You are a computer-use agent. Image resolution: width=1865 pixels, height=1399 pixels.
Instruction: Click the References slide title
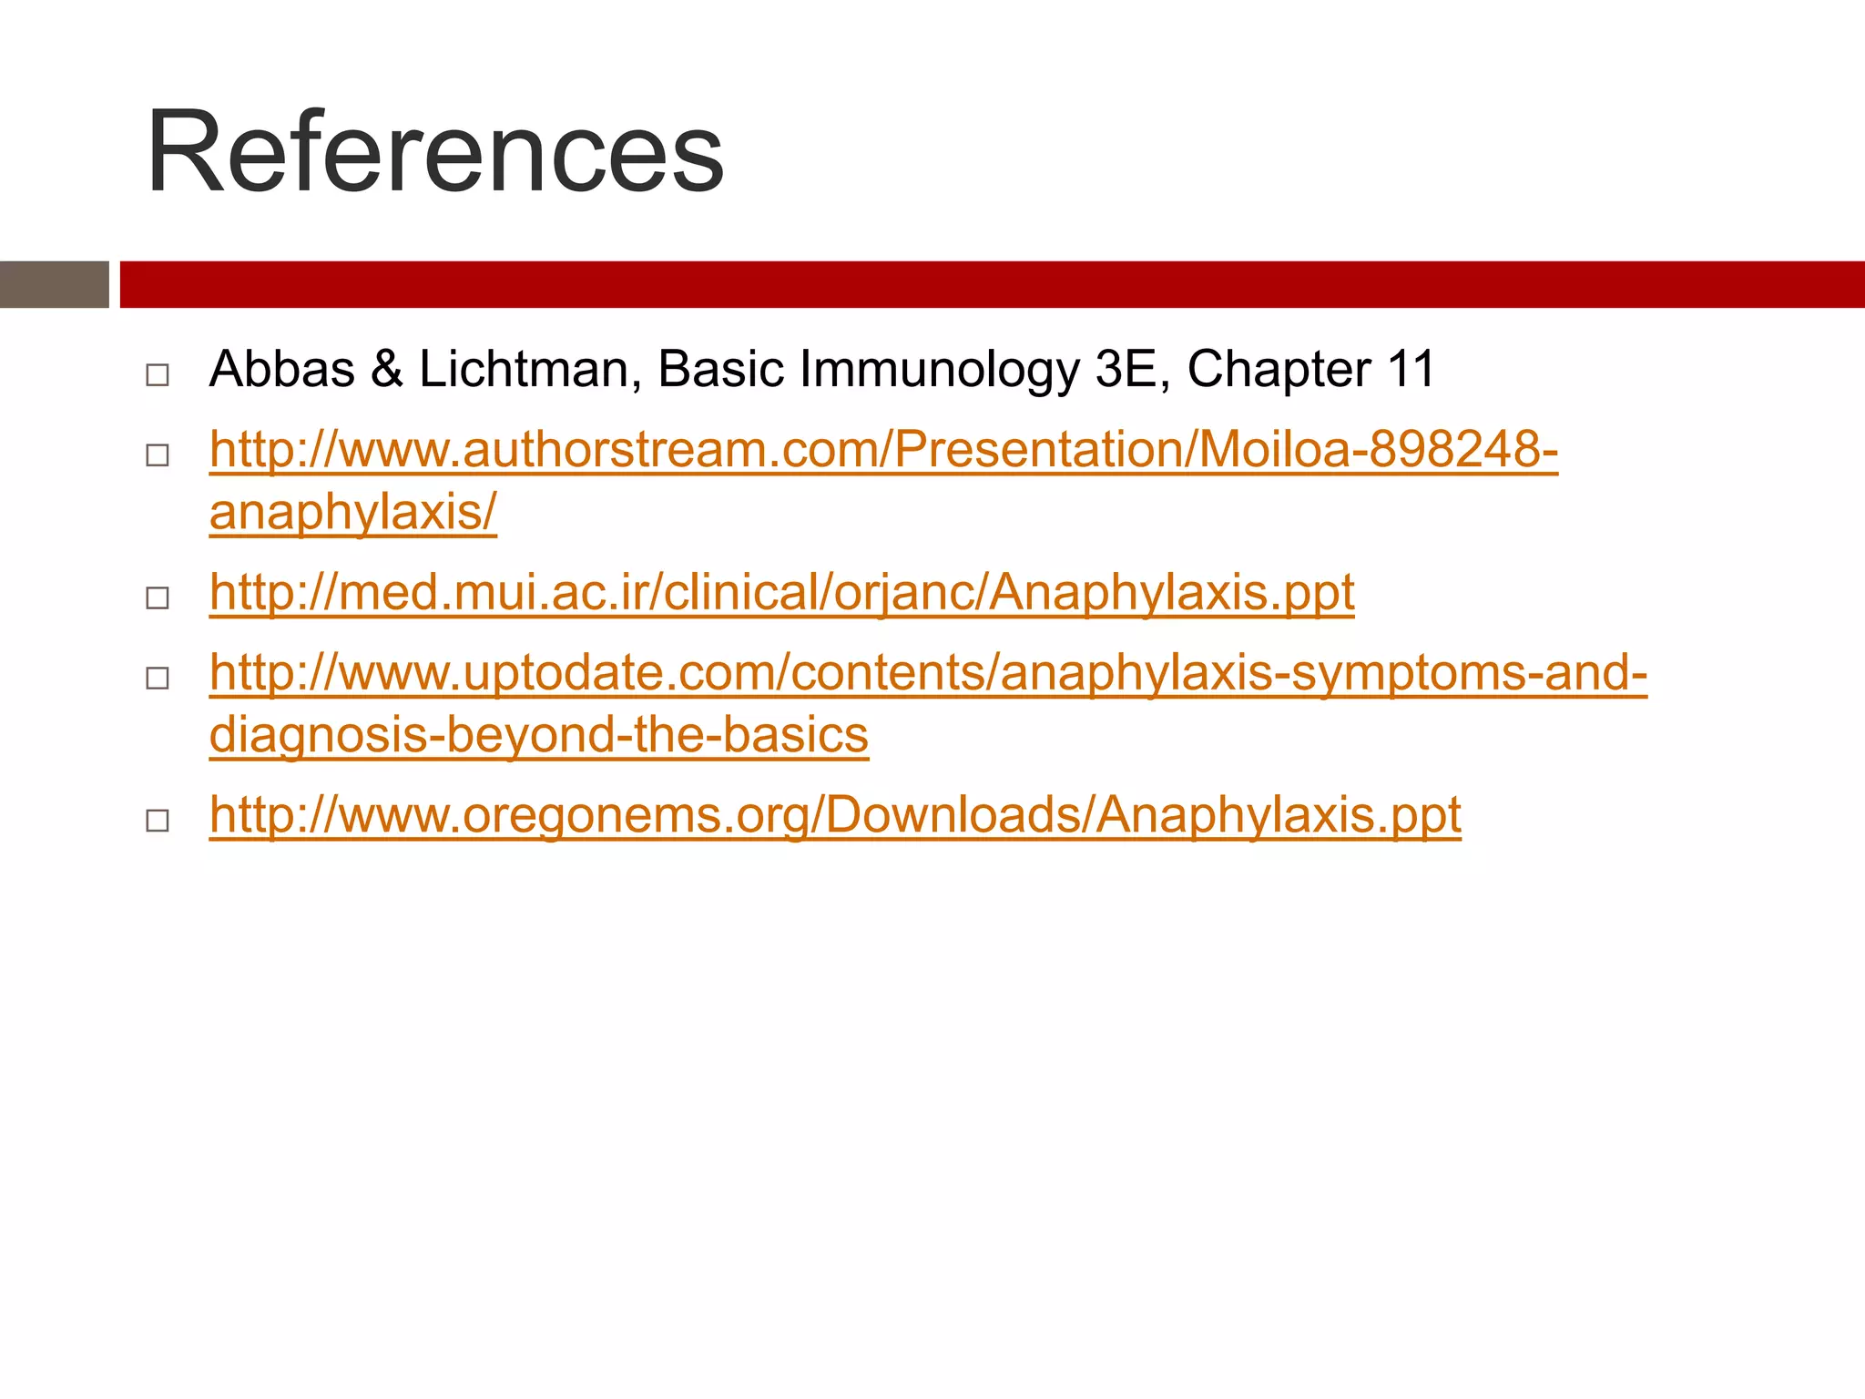coord(435,152)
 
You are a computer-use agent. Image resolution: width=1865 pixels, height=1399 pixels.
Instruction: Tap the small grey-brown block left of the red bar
coord(54,284)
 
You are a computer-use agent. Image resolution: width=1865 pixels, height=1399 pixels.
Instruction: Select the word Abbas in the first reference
coord(281,370)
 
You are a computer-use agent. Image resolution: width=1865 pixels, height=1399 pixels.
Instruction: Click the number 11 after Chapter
coord(1411,370)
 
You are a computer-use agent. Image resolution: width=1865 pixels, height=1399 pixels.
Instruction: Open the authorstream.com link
coord(883,450)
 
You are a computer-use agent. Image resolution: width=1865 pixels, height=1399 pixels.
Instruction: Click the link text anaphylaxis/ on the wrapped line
coord(353,512)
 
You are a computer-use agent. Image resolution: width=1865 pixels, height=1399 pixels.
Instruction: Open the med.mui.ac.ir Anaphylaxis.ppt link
coord(781,592)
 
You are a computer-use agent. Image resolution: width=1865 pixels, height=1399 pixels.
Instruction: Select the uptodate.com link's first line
coord(928,672)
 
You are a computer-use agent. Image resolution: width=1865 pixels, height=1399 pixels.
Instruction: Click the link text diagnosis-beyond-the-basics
coord(538,734)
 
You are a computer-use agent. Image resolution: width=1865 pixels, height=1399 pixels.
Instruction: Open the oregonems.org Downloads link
coord(835,814)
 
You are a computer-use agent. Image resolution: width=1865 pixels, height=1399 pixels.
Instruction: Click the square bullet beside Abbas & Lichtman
coord(158,374)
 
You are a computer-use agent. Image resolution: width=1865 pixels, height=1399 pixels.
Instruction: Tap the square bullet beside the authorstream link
coord(158,454)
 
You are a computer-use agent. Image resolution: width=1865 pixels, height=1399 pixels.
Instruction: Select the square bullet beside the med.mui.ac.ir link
coord(158,597)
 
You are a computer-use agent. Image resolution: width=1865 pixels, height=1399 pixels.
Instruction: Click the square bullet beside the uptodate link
coord(158,678)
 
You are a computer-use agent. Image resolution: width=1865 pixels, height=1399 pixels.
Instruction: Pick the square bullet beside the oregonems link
coord(158,820)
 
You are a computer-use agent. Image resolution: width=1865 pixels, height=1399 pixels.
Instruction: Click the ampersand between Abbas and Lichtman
coord(387,370)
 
